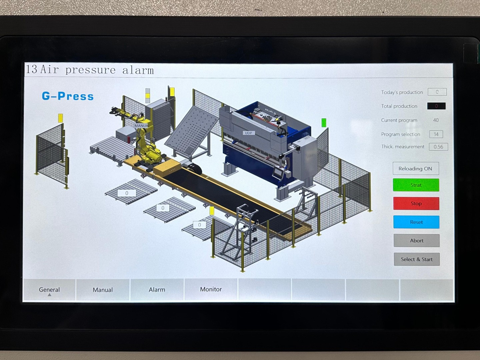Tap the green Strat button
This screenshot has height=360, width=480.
click(416, 185)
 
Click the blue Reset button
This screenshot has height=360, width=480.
click(416, 222)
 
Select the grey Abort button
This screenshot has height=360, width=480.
click(417, 240)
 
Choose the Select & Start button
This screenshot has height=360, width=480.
click(417, 259)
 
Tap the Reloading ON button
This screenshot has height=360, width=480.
click(415, 168)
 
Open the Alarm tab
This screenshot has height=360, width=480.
click(157, 290)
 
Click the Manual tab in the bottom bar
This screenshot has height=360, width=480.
click(103, 290)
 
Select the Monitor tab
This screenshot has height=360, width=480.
click(211, 289)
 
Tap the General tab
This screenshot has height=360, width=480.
click(49, 290)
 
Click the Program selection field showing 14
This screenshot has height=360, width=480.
click(436, 134)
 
